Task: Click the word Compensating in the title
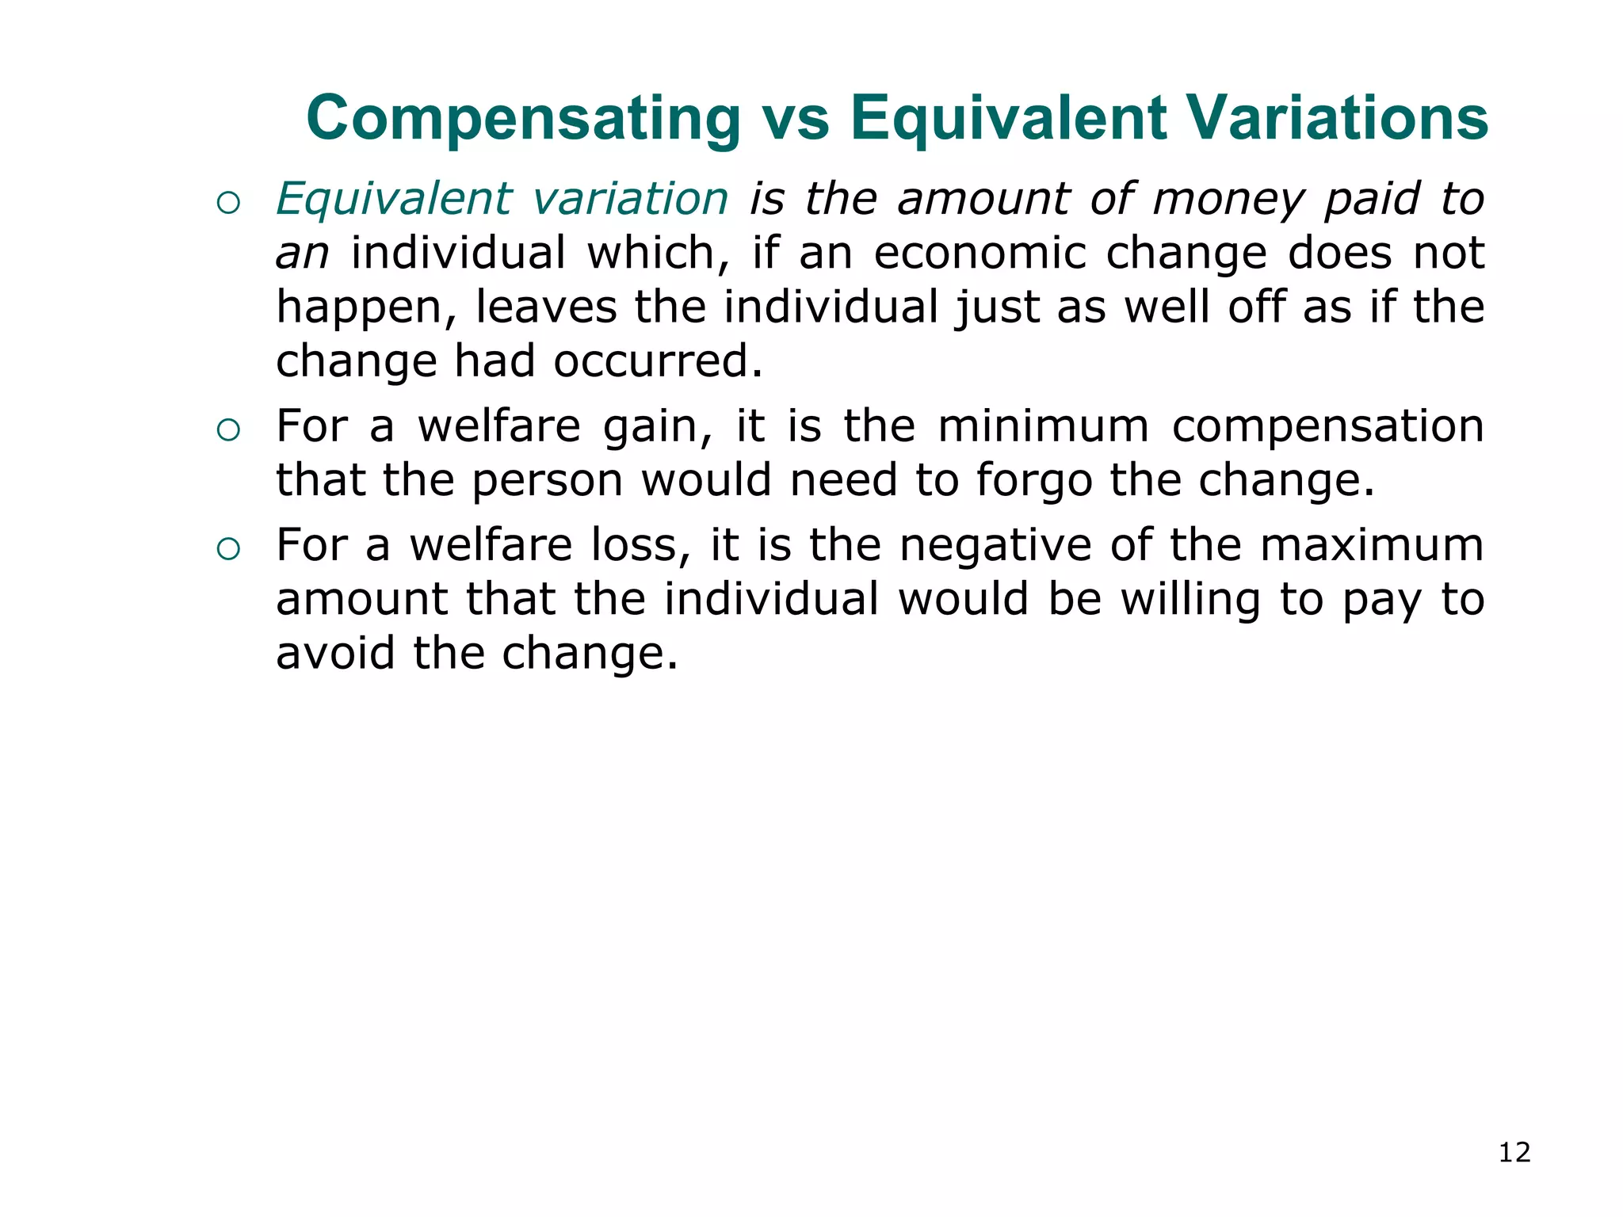523,119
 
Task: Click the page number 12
1514,1152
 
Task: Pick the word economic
980,253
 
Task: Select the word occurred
658,361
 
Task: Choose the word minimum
1043,425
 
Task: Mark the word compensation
1327,427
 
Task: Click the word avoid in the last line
335,654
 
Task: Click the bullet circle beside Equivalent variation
228,204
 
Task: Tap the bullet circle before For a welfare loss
228,549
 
